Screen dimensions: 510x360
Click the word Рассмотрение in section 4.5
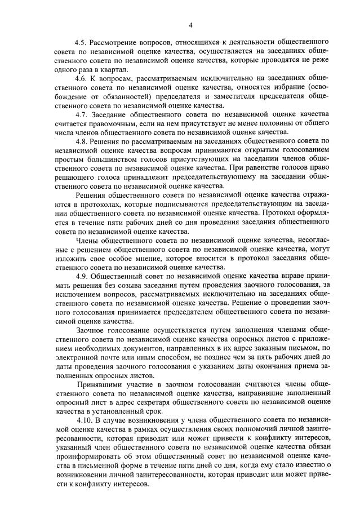pyautogui.click(x=120, y=42)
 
